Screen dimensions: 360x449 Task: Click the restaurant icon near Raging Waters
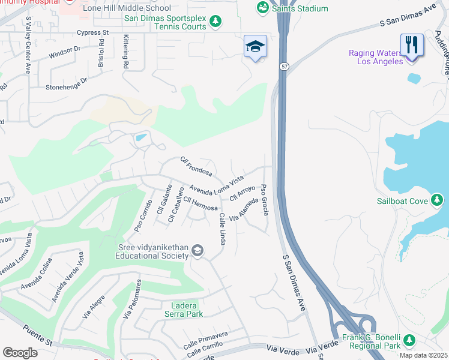click(411, 44)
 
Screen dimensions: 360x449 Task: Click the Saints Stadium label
click(300, 8)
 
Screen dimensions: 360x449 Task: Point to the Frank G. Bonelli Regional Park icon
click(409, 340)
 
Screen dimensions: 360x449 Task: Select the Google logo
click(20, 352)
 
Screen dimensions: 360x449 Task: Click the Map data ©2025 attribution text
click(422, 355)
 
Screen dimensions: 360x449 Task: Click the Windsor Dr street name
click(64, 55)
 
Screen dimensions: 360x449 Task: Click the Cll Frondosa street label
click(196, 166)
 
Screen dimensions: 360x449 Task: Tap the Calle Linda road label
click(222, 228)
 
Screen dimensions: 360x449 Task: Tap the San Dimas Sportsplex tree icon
click(215, 23)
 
